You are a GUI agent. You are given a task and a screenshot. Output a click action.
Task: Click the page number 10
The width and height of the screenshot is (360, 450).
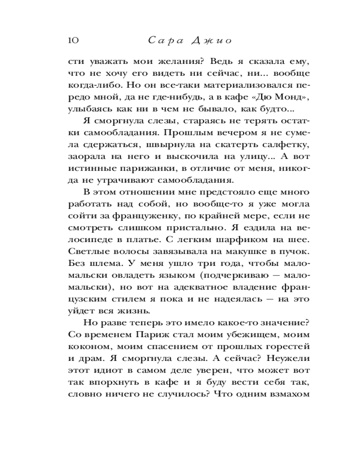coord(73,41)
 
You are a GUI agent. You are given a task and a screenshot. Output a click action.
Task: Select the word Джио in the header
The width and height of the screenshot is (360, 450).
coord(211,41)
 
